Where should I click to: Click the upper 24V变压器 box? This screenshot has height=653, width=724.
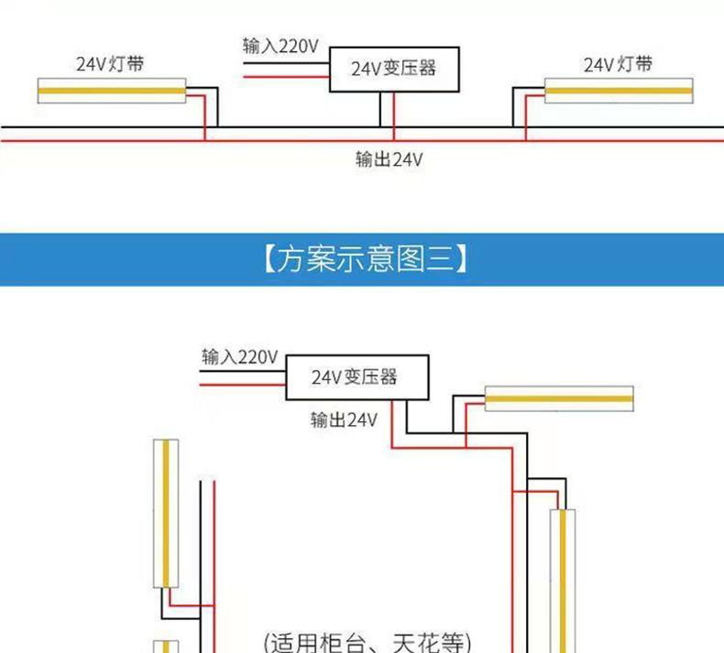click(394, 69)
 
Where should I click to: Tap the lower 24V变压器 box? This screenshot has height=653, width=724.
click(352, 376)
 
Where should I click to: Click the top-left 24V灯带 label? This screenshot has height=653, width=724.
click(109, 63)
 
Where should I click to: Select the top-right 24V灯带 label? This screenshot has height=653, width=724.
click(619, 63)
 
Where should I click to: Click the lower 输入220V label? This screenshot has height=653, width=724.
click(238, 356)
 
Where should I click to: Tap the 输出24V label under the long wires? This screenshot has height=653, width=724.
click(389, 159)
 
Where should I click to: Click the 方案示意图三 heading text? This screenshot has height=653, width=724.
click(363, 259)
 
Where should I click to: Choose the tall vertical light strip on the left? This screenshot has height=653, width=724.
click(166, 513)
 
